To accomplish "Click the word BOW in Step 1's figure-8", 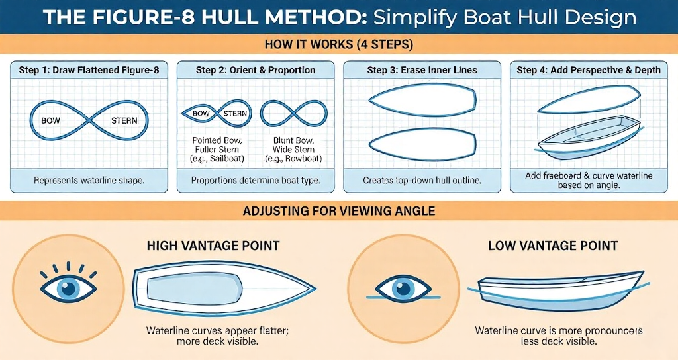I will tap(51, 121).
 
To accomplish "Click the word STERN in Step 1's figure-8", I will tap(124, 121).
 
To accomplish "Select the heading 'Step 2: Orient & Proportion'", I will tap(256, 70).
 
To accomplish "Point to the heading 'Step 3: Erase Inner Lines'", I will tap(422, 70).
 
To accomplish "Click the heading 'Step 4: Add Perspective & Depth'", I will tap(588, 70).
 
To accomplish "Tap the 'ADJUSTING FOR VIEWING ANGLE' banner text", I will tap(339, 212).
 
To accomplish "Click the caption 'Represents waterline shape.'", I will tap(89, 180).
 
